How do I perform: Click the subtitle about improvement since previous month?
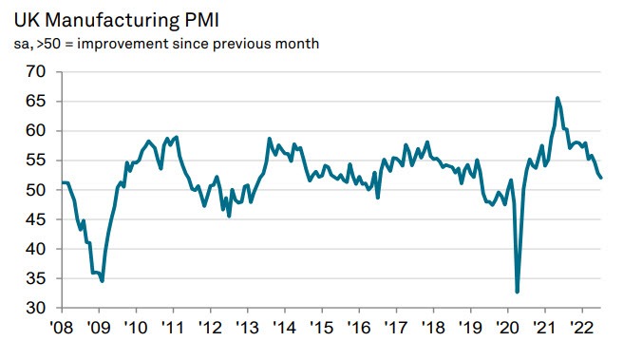pyautogui.click(x=160, y=44)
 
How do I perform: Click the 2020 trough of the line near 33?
pyautogui.click(x=518, y=292)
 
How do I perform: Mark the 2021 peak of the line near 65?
pyautogui.click(x=557, y=98)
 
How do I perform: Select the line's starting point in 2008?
pyautogui.click(x=61, y=182)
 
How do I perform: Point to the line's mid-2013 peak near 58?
pyautogui.click(x=270, y=139)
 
